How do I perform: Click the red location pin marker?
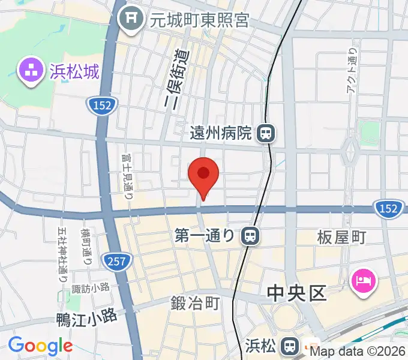(203, 175)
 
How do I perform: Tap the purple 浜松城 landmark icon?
(29, 70)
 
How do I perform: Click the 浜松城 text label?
(74, 71)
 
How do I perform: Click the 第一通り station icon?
(250, 235)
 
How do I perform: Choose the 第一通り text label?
(204, 235)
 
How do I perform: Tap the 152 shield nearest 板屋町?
(388, 208)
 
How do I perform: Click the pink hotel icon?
(364, 280)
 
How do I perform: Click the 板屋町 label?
(341, 238)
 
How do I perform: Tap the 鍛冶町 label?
(194, 304)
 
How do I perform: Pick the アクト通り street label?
(352, 71)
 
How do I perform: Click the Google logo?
(40, 346)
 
